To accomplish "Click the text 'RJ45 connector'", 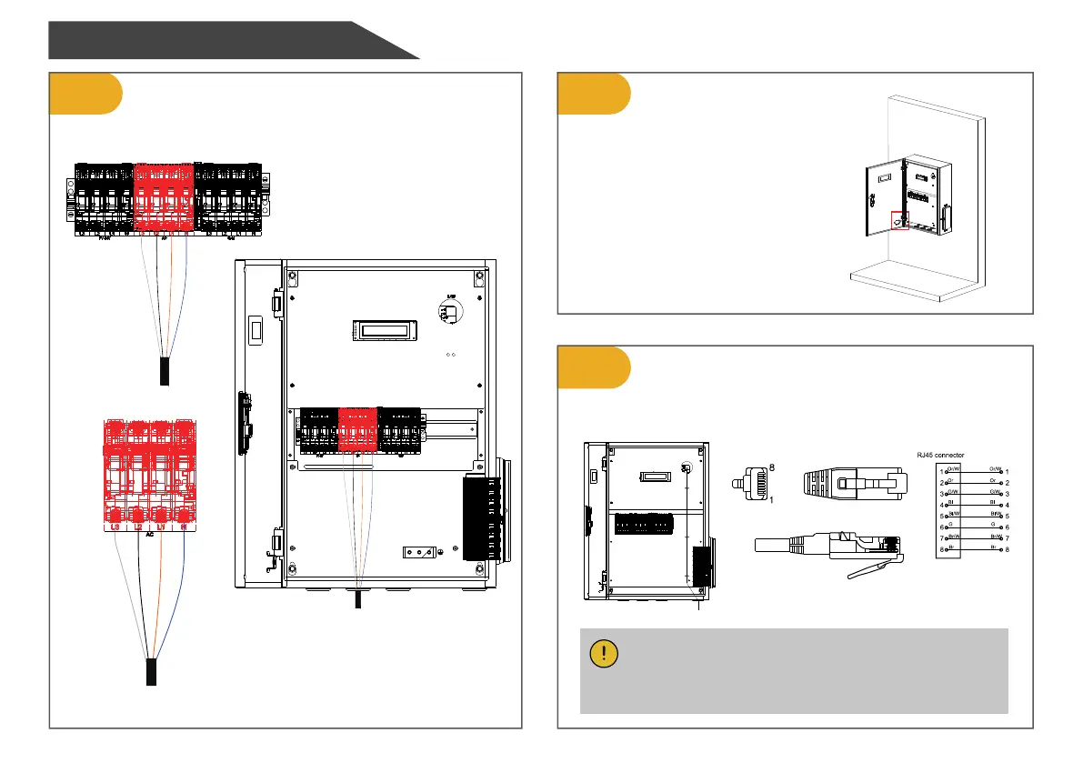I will click(x=937, y=454).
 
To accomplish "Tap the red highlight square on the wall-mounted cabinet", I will click(x=900, y=221).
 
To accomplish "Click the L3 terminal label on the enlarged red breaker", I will click(x=115, y=527).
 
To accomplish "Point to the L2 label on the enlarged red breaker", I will click(x=138, y=527).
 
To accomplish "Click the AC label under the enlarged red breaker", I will click(x=150, y=537).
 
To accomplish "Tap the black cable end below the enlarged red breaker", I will click(x=152, y=673).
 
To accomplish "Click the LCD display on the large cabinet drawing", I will click(x=385, y=329).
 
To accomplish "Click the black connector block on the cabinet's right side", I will click(x=481, y=519).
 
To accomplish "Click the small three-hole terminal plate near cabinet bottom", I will click(x=421, y=552).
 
